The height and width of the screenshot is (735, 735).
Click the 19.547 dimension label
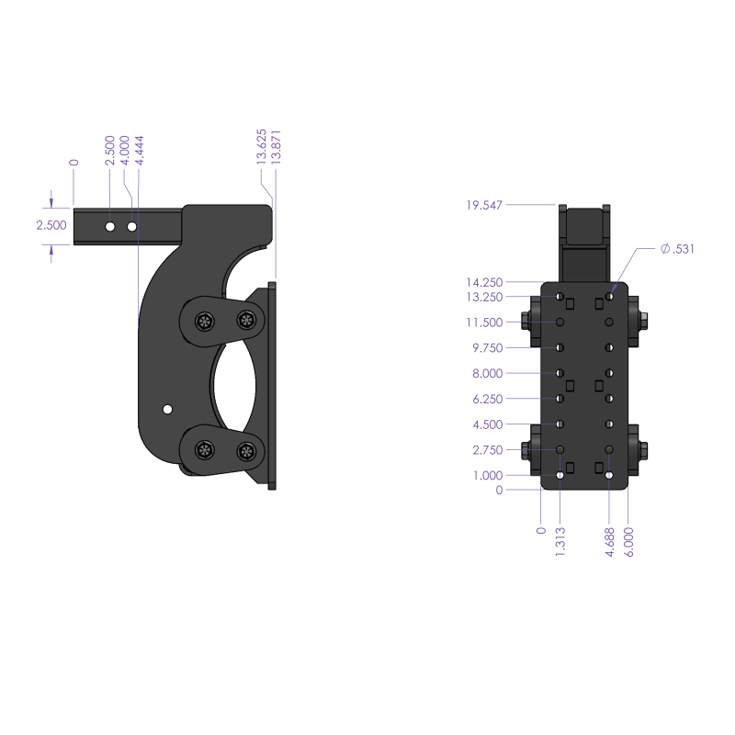pos(484,205)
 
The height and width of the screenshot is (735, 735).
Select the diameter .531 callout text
pos(678,249)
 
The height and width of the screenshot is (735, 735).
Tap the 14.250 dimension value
pos(484,282)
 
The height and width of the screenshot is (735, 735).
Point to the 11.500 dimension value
pos(484,322)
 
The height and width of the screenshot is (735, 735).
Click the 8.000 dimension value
pos(487,373)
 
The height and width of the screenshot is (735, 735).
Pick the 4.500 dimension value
pos(487,424)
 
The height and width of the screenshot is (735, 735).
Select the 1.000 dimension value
pos(487,475)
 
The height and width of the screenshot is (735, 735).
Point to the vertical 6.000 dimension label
pos(628,542)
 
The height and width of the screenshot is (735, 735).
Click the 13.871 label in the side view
pos(276,146)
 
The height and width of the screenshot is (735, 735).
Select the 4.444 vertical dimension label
pos(139,150)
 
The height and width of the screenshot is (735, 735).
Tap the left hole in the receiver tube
pos(109,226)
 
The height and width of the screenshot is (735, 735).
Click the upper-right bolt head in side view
pos(245,320)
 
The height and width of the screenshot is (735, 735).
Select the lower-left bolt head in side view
pos(203,450)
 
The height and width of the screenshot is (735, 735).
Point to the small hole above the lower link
pos(167,408)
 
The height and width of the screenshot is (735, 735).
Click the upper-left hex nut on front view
pos(527,322)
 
